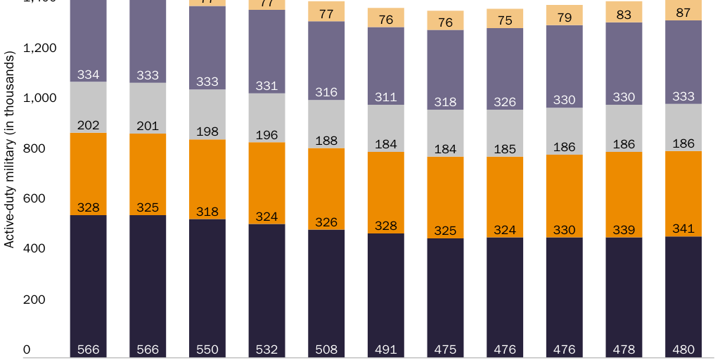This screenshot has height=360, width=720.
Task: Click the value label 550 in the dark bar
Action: (x=207, y=349)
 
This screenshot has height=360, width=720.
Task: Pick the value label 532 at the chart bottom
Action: (x=266, y=349)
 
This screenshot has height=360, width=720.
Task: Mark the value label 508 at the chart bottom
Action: (x=326, y=349)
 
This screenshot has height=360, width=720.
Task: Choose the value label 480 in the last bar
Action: (x=683, y=349)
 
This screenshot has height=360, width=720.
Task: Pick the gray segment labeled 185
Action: (x=505, y=133)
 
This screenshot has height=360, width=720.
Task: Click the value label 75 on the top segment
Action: (x=505, y=20)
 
